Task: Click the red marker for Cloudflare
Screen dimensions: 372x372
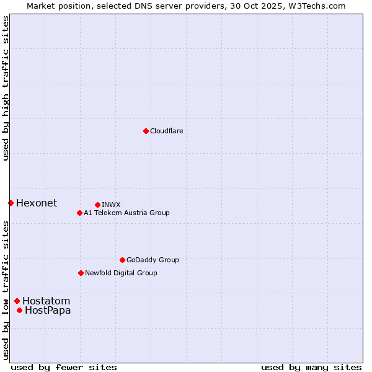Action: [146, 131]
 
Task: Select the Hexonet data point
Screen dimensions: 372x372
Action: [11, 203]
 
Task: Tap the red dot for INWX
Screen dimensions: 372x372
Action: [97, 205]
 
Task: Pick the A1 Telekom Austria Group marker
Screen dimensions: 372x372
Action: [79, 213]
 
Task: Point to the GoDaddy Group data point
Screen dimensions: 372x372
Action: [122, 260]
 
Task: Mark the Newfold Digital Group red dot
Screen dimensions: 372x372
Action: [81, 273]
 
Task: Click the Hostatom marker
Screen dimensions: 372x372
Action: [17, 301]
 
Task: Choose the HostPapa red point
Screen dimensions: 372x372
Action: [19, 310]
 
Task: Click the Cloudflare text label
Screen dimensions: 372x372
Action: [167, 131]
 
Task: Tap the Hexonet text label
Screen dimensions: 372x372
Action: [37, 203]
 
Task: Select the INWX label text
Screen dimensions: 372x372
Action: [112, 205]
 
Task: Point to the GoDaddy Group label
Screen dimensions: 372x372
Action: [153, 260]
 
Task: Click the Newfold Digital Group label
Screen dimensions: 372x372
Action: [121, 273]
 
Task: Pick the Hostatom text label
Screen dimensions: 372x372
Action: [46, 301]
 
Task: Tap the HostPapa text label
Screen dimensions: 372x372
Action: [48, 310]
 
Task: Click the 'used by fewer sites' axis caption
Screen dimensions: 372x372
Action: [64, 367]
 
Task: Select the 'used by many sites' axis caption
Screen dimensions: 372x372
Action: [311, 367]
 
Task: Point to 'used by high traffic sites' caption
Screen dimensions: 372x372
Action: [6, 88]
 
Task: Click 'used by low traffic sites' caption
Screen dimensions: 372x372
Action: [6, 290]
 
